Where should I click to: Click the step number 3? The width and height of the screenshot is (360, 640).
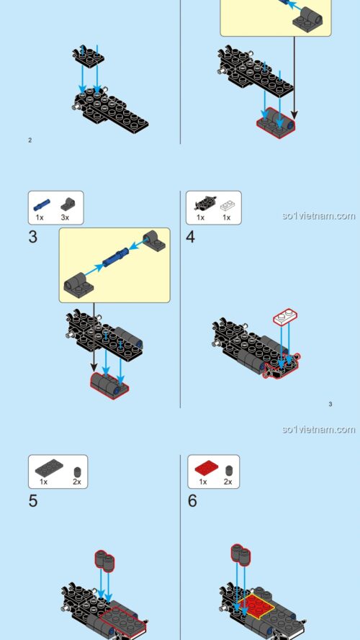tap(32, 237)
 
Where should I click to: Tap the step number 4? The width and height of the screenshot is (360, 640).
tap(191, 237)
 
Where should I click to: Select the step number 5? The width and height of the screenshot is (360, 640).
tap(32, 500)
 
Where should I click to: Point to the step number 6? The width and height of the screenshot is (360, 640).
tap(192, 500)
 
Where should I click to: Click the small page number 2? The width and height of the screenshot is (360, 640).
tap(30, 140)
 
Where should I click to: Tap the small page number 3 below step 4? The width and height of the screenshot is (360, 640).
tap(330, 404)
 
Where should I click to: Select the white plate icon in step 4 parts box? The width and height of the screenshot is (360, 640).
tap(226, 204)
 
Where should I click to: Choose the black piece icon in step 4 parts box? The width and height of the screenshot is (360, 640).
tap(201, 203)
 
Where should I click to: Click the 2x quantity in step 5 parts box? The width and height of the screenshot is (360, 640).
tap(76, 481)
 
